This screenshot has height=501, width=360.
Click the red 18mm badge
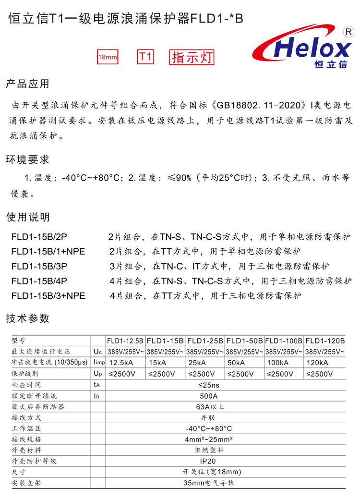108,58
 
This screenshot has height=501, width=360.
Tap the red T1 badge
146,57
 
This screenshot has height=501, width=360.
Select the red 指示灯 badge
192,58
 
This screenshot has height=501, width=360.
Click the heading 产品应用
27,84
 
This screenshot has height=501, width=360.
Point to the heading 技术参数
27,318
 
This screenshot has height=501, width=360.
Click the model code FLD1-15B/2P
40,237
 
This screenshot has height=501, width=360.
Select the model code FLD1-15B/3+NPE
48,296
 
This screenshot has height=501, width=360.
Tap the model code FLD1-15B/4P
40,281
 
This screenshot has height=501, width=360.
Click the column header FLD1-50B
244,341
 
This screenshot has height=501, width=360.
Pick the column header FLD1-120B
325,341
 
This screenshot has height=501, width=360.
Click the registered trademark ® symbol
349,32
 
